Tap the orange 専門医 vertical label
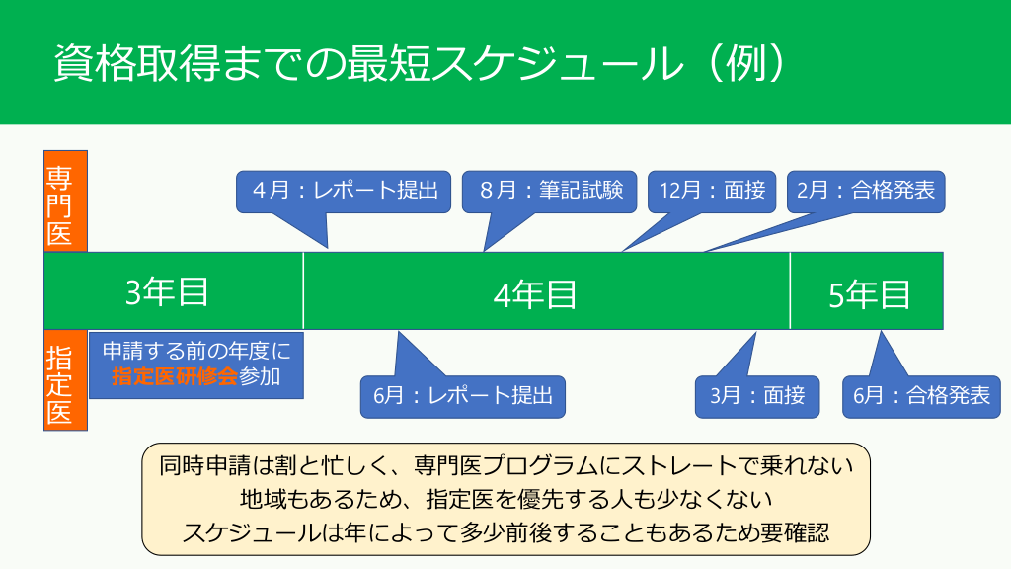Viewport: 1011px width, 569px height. pyautogui.click(x=65, y=201)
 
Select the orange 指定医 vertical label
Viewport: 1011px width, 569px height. pyautogui.click(x=65, y=380)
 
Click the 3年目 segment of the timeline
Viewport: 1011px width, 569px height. pyautogui.click(x=168, y=291)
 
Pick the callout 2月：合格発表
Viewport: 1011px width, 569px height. pyautogui.click(x=866, y=191)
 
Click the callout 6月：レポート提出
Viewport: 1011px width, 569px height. pyautogui.click(x=462, y=397)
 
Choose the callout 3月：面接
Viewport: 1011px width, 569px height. pyautogui.click(x=757, y=397)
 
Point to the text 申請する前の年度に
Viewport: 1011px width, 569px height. pyautogui.click(x=195, y=350)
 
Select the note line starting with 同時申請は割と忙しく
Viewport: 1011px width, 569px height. pyautogui.click(x=505, y=464)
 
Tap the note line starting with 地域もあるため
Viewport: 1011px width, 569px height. pyautogui.click(x=505, y=498)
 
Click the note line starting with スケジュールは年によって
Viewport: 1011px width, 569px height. pyautogui.click(x=505, y=531)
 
